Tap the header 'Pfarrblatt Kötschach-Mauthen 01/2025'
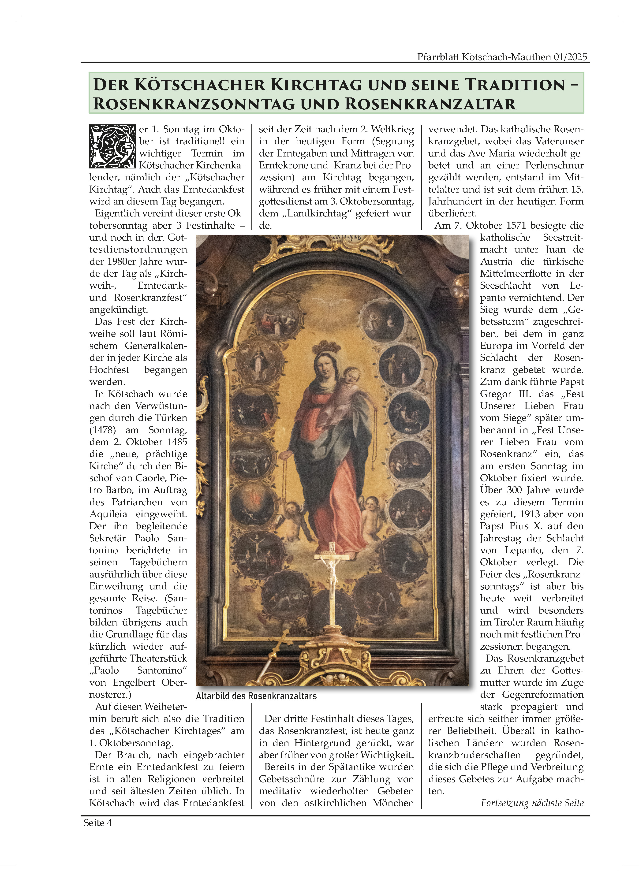coord(502,57)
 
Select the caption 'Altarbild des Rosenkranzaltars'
coord(256,696)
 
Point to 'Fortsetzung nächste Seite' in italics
coord(532,803)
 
